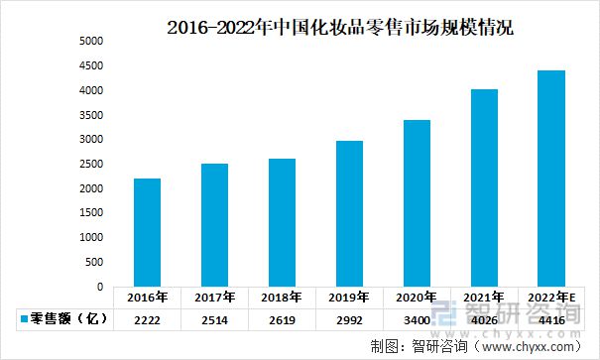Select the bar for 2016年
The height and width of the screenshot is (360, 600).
click(147, 233)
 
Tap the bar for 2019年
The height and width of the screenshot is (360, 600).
click(348, 213)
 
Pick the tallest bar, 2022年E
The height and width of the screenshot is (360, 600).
click(550, 179)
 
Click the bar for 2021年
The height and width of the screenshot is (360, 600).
click(483, 188)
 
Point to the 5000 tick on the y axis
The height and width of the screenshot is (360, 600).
click(91, 42)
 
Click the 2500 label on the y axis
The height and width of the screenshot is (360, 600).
click(91, 165)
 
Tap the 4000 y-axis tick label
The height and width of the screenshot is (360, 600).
click(91, 91)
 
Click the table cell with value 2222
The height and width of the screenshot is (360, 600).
click(147, 319)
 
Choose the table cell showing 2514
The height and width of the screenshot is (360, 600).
click(214, 319)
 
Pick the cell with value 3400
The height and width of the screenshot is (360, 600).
click(416, 319)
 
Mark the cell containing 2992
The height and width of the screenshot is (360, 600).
click(348, 319)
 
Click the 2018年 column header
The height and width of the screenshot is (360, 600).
click(282, 297)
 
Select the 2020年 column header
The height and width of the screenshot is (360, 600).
click(416, 297)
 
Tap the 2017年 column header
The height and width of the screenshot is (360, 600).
click(214, 297)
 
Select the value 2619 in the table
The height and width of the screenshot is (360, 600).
click(282, 319)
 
